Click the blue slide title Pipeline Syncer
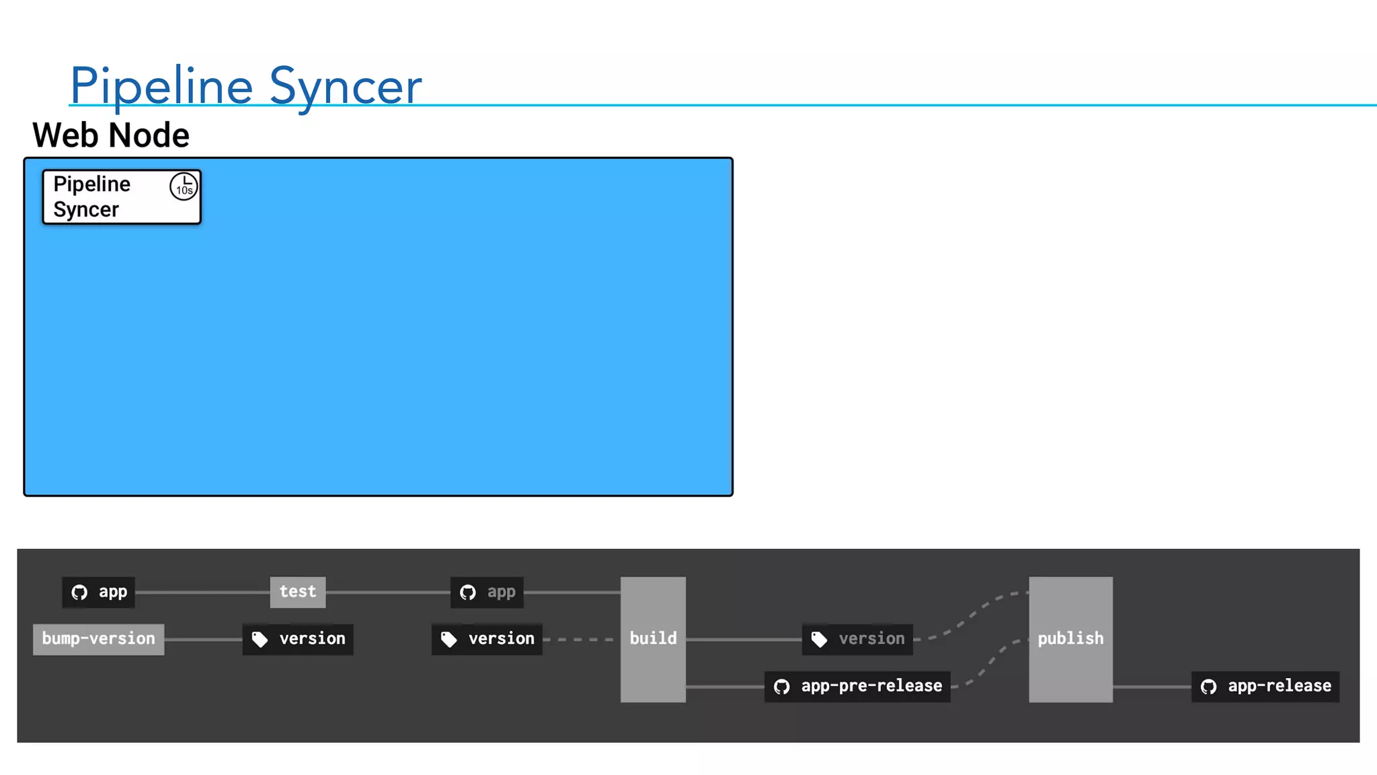pyautogui.click(x=245, y=85)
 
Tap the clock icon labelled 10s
pyautogui.click(x=184, y=186)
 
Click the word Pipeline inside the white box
pyautogui.click(x=92, y=184)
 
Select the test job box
pyautogui.click(x=298, y=592)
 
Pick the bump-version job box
pyautogui.click(x=98, y=638)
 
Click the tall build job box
pyautogui.click(x=653, y=639)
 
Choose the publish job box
pyautogui.click(x=1070, y=639)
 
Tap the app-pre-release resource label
pyautogui.click(x=857, y=686)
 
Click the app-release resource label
pyautogui.click(x=1265, y=686)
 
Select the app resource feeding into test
pyautogui.click(x=99, y=592)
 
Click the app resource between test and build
pyautogui.click(x=487, y=592)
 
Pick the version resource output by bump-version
pyautogui.click(x=298, y=638)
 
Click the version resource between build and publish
pyautogui.click(x=857, y=638)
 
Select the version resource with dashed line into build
pyautogui.click(x=487, y=638)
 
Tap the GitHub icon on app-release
pyautogui.click(x=1209, y=687)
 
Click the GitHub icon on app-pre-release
pyautogui.click(x=781, y=687)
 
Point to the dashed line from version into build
pyautogui.click(x=582, y=639)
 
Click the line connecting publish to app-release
pyautogui.click(x=1152, y=686)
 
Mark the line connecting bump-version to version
pyautogui.click(x=203, y=639)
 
